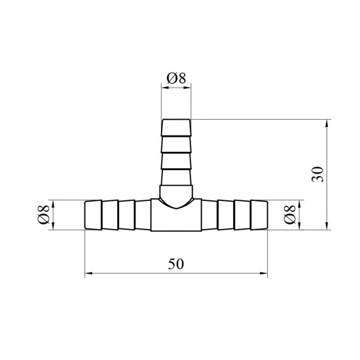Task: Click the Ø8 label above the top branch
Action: point(176,78)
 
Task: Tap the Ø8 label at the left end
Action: point(44,215)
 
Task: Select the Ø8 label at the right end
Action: point(290,215)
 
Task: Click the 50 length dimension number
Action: point(176,264)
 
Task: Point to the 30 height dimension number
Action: point(318,174)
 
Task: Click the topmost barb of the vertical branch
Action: point(176,128)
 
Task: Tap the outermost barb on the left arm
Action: point(93,215)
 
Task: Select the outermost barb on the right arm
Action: point(259,215)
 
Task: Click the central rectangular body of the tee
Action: point(176,216)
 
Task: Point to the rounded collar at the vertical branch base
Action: point(176,195)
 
